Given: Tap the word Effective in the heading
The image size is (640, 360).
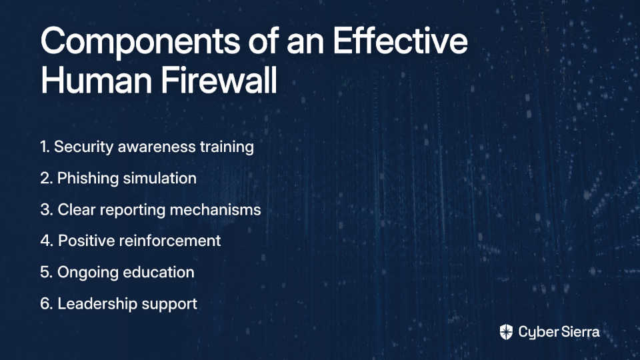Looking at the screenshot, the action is pyautogui.click(x=401, y=41).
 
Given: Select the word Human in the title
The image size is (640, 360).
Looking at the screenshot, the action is pyautogui.click(x=96, y=80).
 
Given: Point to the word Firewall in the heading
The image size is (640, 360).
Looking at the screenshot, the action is pyautogui.click(x=219, y=80).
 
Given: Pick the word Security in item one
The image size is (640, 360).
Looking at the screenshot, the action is pyautogui.click(x=84, y=147).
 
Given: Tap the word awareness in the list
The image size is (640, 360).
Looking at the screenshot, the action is pyautogui.click(x=157, y=147).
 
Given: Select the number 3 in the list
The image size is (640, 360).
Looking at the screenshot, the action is pyautogui.click(x=47, y=210).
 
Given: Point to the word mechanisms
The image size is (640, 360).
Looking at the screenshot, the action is pyautogui.click(x=215, y=210).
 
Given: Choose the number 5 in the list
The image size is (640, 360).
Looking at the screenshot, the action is pyautogui.click(x=46, y=273).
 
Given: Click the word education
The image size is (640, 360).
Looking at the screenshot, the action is pyautogui.click(x=159, y=272).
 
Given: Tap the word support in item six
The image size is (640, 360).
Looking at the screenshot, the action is pyautogui.click(x=169, y=305).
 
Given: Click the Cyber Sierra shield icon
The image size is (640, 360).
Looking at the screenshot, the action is pyautogui.click(x=506, y=332).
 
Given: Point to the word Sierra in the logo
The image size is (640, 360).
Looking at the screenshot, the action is pyautogui.click(x=579, y=332).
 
